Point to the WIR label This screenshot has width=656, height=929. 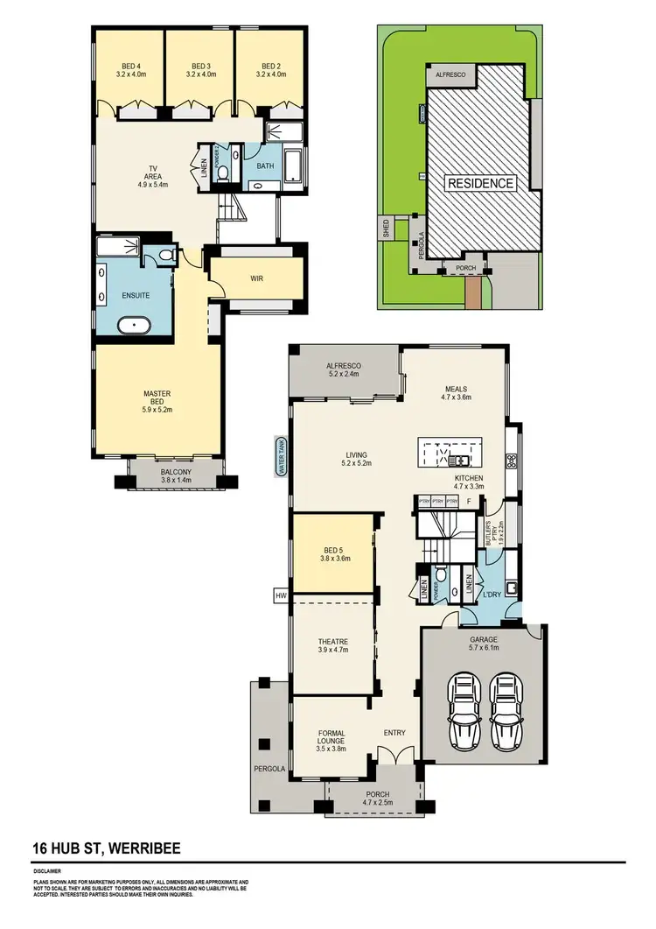click(256, 279)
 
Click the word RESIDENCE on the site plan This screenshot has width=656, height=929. click(481, 184)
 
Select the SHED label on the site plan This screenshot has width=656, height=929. click(386, 229)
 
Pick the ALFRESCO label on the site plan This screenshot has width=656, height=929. click(451, 76)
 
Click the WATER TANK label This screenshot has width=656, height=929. click(283, 455)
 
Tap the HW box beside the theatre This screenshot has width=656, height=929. click(281, 596)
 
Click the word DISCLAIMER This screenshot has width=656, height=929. click(48, 872)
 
